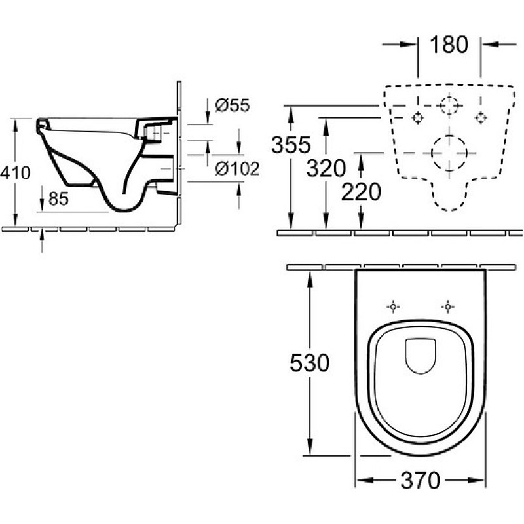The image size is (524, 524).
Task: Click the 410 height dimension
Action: click(x=15, y=173)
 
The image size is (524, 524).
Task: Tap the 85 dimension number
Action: click(x=58, y=198)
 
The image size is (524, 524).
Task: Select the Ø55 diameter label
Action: click(x=233, y=105)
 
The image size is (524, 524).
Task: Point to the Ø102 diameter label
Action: click(x=237, y=168)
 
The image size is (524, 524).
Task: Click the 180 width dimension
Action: click(x=449, y=45)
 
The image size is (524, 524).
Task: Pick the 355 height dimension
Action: click(x=291, y=145)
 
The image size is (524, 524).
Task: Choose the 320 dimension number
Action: click(x=326, y=168)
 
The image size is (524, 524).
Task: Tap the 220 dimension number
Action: click(x=361, y=192)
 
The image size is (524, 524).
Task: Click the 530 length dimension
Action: click(x=309, y=363)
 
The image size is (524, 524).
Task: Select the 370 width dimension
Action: click(x=421, y=481)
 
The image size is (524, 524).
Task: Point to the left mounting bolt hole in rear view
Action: click(x=417, y=118)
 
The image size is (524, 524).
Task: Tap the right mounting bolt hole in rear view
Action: click(x=481, y=118)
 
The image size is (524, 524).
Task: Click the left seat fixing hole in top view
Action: click(x=394, y=307)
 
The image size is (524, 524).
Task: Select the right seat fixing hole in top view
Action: click(x=447, y=307)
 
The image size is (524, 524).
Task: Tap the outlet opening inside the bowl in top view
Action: click(x=421, y=356)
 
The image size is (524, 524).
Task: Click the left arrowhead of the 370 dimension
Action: click(x=364, y=481)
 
